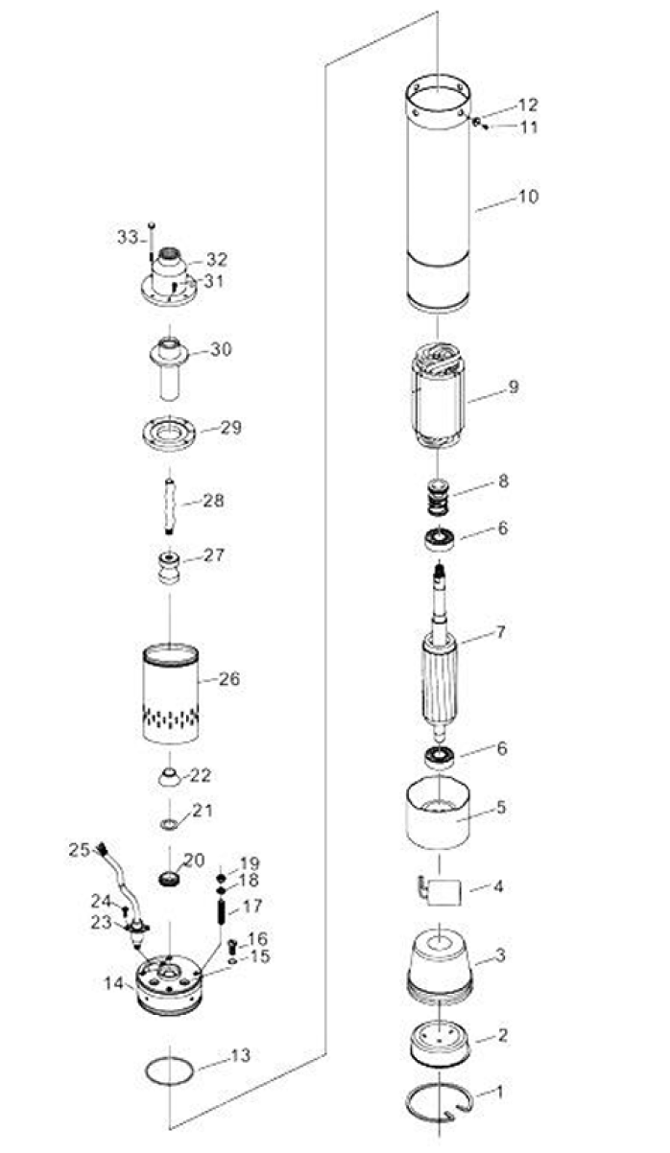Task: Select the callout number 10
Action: pos(528,196)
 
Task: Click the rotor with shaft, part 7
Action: pos(440,670)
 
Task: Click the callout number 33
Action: pos(128,237)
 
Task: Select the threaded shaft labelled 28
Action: pos(169,506)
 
